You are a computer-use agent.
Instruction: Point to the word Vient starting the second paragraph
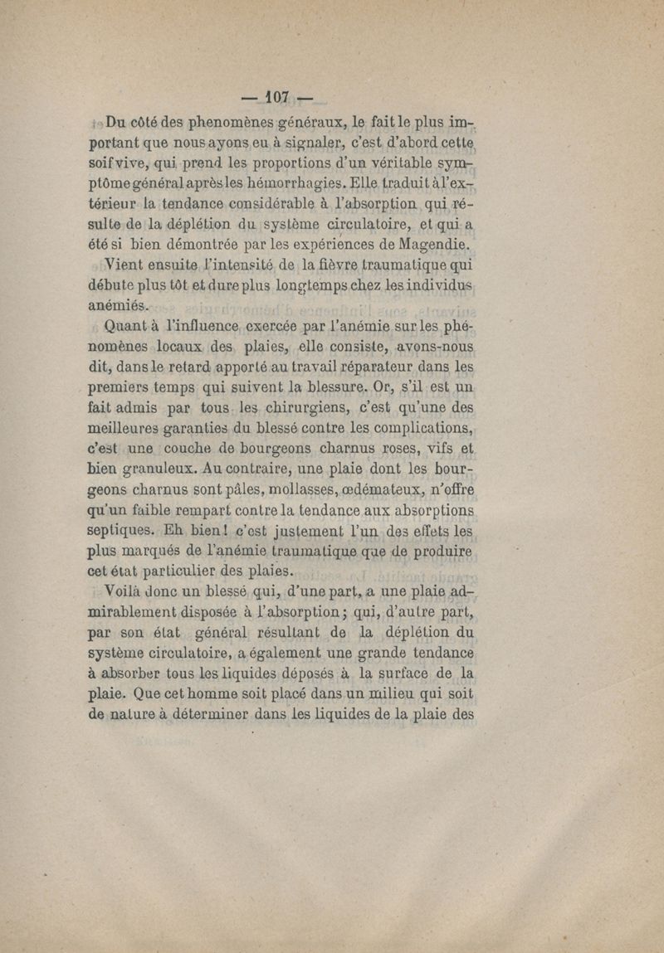(124, 266)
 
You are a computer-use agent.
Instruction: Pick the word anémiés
(116, 305)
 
